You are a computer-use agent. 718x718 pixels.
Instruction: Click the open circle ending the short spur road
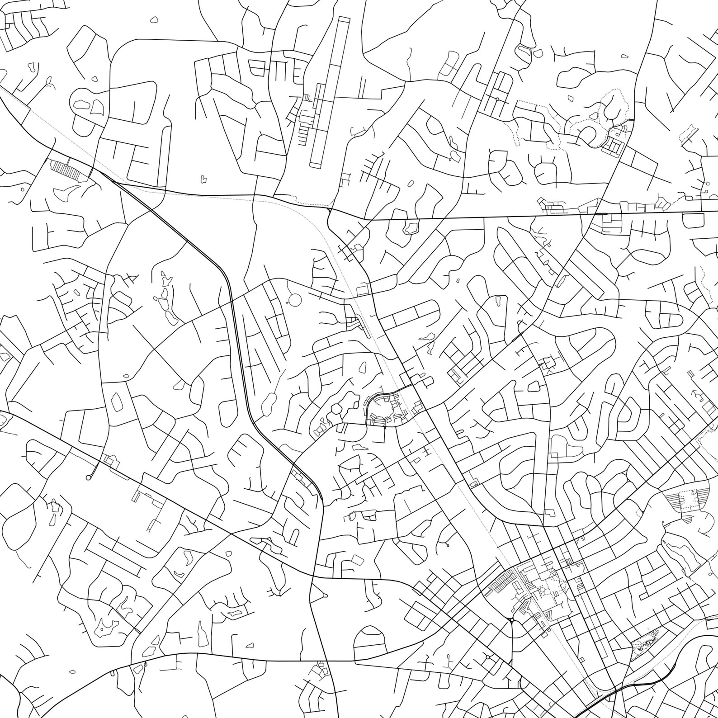[x=88, y=477]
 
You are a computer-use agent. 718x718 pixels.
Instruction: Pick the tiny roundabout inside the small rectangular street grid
[x=497, y=99]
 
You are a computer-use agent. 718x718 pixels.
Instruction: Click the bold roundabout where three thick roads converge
[x=511, y=620]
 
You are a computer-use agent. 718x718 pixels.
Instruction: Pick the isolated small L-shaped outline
[x=204, y=179]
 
